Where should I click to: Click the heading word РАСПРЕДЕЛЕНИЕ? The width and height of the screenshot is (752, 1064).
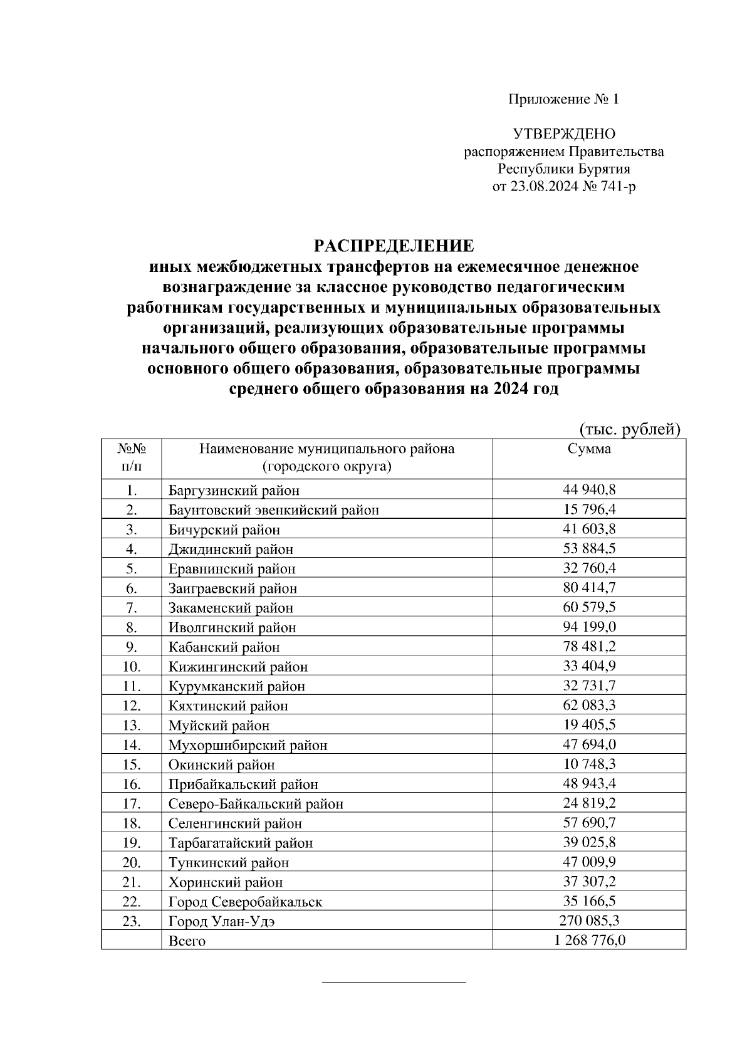(x=394, y=244)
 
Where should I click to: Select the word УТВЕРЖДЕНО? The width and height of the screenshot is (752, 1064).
(x=564, y=134)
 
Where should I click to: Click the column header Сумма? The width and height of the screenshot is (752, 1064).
(x=589, y=449)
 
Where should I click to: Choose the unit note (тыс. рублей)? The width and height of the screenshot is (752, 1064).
(x=629, y=429)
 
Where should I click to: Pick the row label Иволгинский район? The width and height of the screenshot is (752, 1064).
(x=232, y=627)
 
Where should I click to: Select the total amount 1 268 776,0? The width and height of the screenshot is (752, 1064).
(x=589, y=940)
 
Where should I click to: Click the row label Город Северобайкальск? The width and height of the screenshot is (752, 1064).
(x=245, y=902)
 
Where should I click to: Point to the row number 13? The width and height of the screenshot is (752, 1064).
(x=132, y=725)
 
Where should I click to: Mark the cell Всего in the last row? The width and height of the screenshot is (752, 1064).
(x=187, y=941)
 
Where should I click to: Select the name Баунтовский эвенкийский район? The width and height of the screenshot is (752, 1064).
(x=273, y=510)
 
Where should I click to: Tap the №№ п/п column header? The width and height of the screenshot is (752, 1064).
(x=132, y=457)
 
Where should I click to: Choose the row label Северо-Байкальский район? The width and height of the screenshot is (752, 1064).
(x=256, y=803)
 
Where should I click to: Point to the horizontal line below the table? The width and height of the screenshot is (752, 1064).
(x=394, y=982)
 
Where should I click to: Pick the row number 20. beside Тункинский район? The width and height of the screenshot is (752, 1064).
(x=132, y=862)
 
